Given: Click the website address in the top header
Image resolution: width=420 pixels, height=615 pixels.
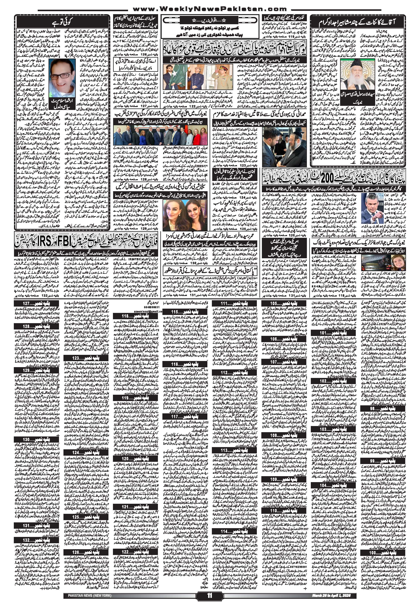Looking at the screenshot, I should pos(209,10).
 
